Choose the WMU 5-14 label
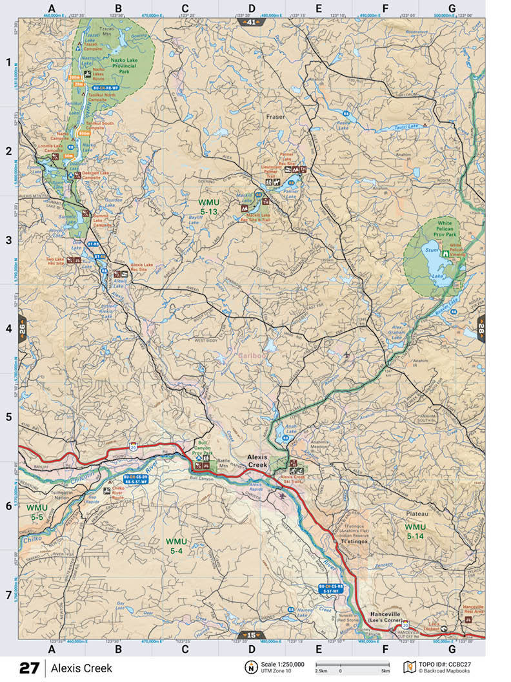[416, 531]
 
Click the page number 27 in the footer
[29, 668]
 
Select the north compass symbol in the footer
[249, 667]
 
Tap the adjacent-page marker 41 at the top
[251, 23]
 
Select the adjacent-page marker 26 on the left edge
[23, 329]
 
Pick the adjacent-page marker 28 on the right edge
[481, 329]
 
